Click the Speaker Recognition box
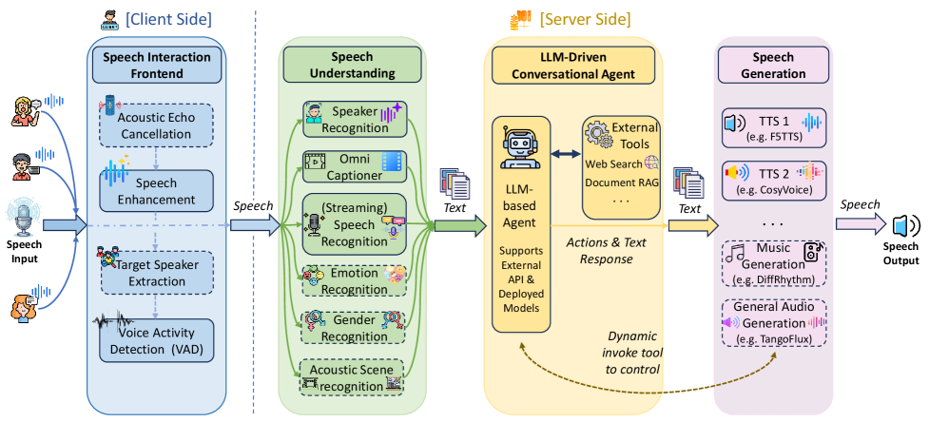point(354,119)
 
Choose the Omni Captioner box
point(354,167)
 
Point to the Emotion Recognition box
point(354,280)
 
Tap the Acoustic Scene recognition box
point(354,377)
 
